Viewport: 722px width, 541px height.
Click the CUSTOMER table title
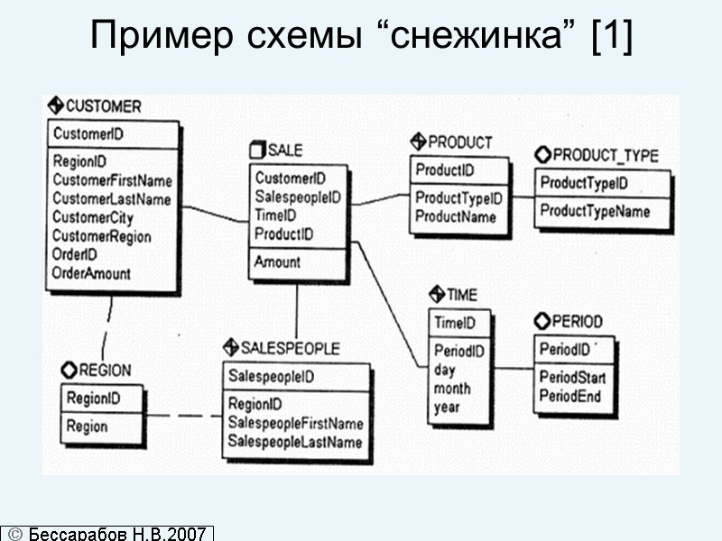[x=102, y=106]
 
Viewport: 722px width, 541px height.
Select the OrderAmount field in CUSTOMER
[x=91, y=273]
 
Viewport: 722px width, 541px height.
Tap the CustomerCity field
[x=94, y=217]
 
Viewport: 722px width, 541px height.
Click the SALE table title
[x=285, y=150]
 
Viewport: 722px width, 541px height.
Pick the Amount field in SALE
[x=277, y=262]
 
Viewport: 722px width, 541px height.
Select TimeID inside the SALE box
[x=275, y=215]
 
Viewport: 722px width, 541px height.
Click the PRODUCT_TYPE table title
[x=605, y=155]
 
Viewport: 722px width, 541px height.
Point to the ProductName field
[x=455, y=216]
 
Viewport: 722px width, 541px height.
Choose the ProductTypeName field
[x=595, y=212]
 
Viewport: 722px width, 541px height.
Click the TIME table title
[x=461, y=295]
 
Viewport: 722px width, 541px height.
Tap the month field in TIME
[x=452, y=389]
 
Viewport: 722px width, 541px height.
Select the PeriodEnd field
[x=570, y=396]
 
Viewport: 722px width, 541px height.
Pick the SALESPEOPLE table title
[x=289, y=348]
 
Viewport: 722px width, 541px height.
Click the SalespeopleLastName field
[x=294, y=442]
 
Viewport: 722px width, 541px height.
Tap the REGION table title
[x=104, y=370]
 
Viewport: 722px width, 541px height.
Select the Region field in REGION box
[x=87, y=426]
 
